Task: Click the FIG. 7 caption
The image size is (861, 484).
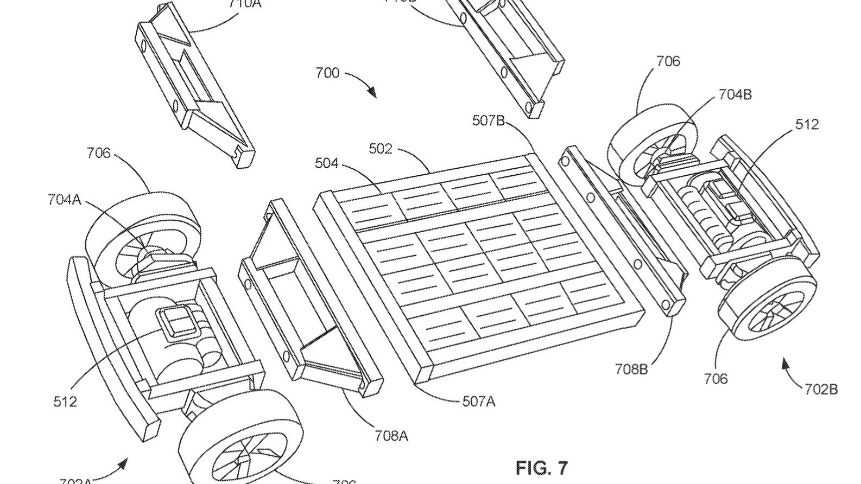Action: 541,467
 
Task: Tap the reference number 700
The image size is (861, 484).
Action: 327,73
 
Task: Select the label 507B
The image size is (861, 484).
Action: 489,120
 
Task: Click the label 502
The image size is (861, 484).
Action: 380,149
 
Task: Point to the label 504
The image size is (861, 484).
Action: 326,163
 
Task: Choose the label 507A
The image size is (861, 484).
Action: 478,402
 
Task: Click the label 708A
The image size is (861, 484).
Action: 391,435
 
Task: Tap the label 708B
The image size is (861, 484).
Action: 631,370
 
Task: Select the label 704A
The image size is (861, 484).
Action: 64,200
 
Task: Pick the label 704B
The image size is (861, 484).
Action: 735,94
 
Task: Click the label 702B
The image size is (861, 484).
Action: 821,389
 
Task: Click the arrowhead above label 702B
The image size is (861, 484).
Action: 785,363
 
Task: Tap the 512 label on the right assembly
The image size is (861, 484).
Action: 807,124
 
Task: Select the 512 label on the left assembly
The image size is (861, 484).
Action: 65,402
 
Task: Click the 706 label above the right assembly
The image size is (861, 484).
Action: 668,61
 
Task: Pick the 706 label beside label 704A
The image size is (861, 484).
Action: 98,153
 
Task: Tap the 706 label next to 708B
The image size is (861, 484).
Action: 716,379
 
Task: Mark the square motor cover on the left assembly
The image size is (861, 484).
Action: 175,322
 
